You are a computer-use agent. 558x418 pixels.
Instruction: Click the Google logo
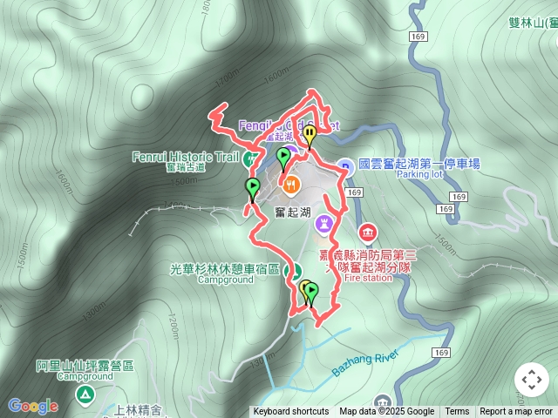(33, 406)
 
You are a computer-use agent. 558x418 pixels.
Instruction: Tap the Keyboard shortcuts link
(290, 412)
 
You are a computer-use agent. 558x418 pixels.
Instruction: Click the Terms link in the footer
(457, 412)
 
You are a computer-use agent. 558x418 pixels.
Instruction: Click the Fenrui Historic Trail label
(184, 157)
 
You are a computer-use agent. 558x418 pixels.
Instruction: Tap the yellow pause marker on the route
(310, 135)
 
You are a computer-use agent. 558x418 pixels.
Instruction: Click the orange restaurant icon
(291, 184)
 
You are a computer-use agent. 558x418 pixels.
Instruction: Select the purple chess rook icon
(325, 223)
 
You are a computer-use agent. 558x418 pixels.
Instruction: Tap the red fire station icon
(366, 232)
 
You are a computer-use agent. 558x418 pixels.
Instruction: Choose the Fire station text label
(370, 279)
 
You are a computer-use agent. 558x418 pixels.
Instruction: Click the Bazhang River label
(364, 363)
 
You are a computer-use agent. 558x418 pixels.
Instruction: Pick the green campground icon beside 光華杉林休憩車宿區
(294, 269)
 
